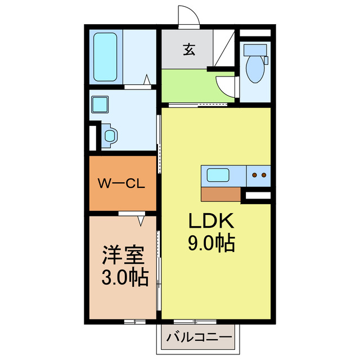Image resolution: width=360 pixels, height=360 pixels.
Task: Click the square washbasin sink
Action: tap(101, 105)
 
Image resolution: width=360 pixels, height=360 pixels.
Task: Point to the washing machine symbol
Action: tap(110, 136)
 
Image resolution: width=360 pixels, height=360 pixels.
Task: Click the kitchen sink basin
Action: tap(218, 175)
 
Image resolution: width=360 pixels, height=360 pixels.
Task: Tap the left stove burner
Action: tap(254, 175)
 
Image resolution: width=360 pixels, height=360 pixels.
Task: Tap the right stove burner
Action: tap(263, 175)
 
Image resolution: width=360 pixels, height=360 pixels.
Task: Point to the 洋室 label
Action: tap(123, 256)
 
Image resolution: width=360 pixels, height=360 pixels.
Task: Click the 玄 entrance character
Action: tap(188, 50)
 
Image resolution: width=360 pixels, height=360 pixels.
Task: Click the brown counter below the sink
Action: tap(220, 193)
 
